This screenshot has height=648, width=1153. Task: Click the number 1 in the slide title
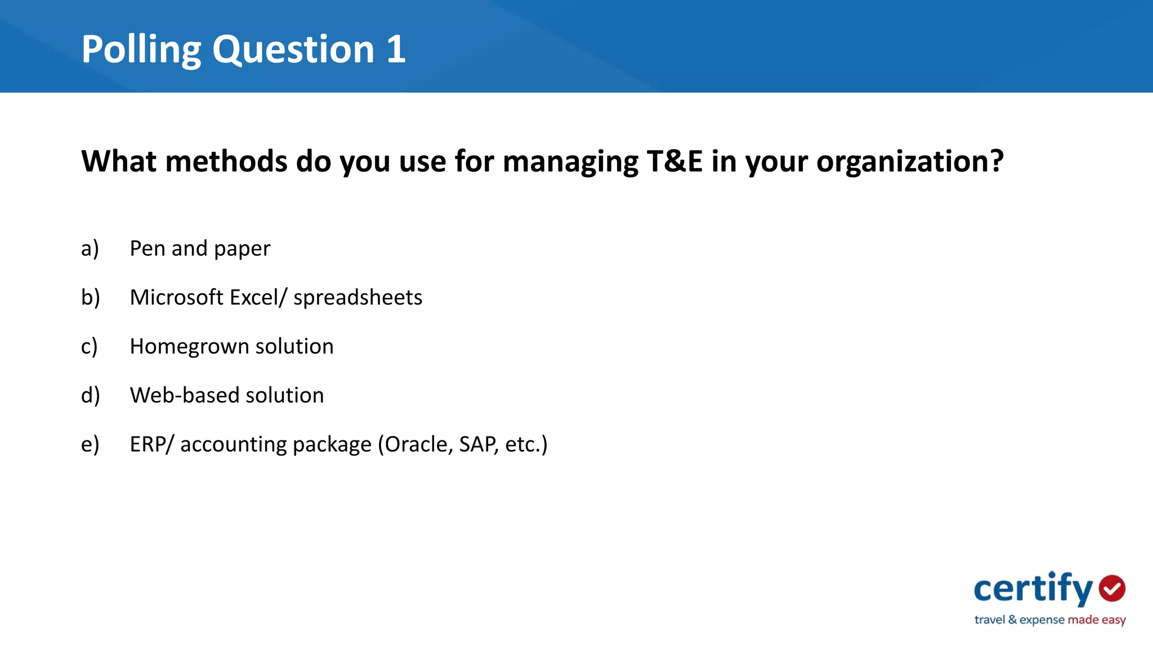pyautogui.click(x=395, y=49)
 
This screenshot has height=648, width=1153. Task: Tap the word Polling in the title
pyautogui.click(x=141, y=49)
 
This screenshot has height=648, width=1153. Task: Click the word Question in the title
pyautogui.click(x=293, y=49)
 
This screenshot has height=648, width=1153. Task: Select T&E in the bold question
pyautogui.click(x=674, y=161)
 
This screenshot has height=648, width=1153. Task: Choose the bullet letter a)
pyautogui.click(x=90, y=249)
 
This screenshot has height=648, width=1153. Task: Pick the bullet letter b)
pyautogui.click(x=90, y=298)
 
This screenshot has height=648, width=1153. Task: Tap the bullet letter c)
pyautogui.click(x=89, y=346)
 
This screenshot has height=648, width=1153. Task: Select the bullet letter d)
pyautogui.click(x=90, y=395)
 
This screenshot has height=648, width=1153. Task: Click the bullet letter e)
pyautogui.click(x=90, y=444)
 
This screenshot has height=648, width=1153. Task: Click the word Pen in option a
pyautogui.click(x=147, y=249)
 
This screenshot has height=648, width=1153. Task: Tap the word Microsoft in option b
pyautogui.click(x=176, y=298)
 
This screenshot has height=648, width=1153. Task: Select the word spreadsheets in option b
pyautogui.click(x=357, y=298)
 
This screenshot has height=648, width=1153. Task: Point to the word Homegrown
pyautogui.click(x=189, y=346)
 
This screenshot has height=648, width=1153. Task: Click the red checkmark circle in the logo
pyautogui.click(x=1112, y=588)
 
